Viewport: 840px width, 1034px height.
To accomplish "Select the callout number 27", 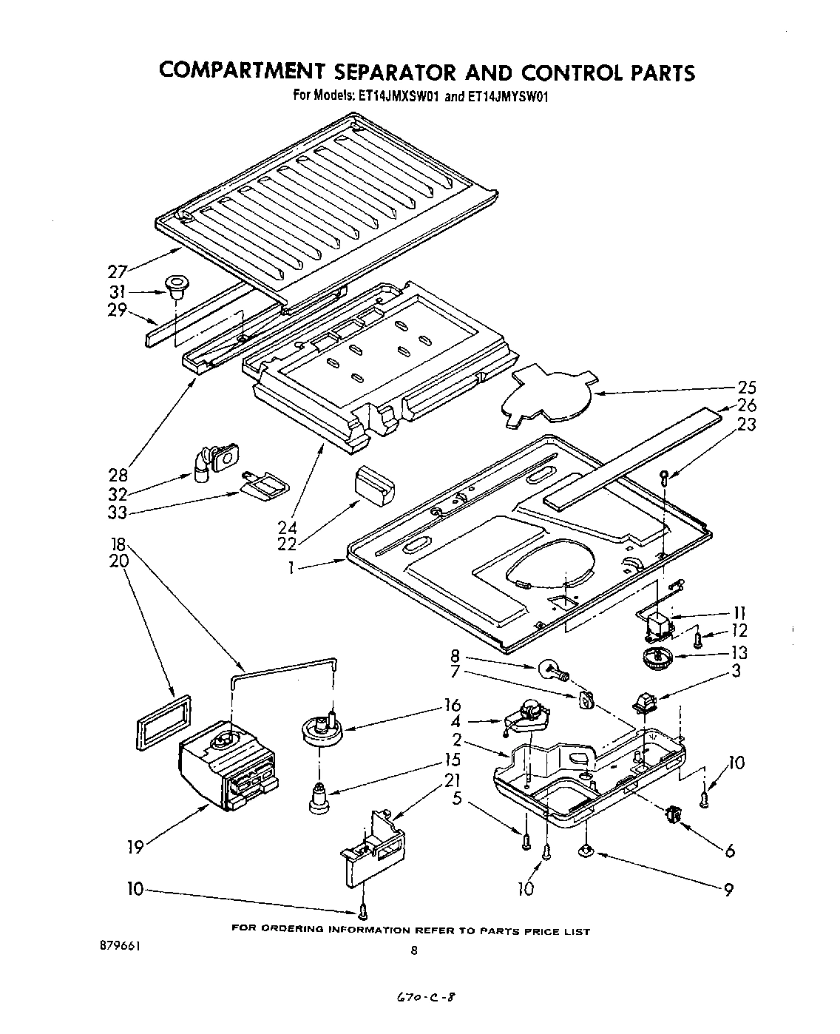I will point(118,271).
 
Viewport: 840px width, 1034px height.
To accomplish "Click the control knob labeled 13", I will point(654,657).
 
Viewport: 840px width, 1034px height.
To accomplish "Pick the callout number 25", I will point(747,387).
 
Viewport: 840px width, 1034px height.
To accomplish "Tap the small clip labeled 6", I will point(673,814).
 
